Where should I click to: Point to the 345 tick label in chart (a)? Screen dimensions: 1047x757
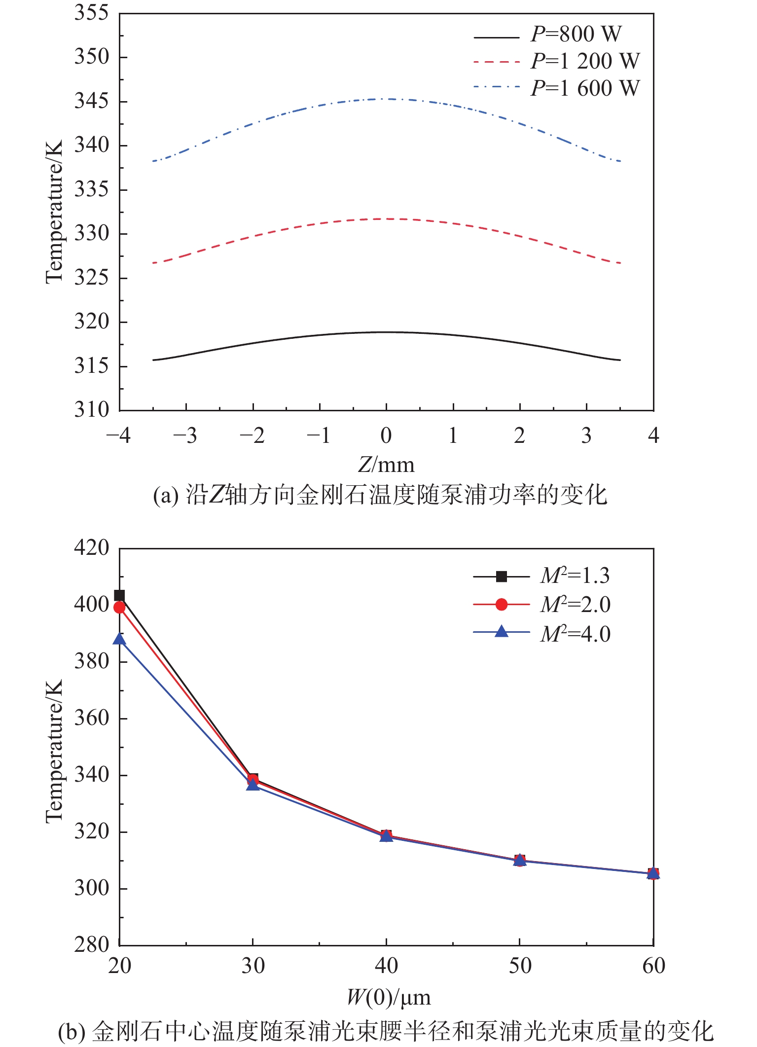click(x=92, y=101)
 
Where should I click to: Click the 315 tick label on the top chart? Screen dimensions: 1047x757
click(x=92, y=366)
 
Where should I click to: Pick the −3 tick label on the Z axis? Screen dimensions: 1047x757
click(x=185, y=436)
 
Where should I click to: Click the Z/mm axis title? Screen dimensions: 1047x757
click(x=386, y=465)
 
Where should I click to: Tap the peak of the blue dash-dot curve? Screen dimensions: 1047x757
click(x=387, y=99)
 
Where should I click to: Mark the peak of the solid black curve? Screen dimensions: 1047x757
click(x=387, y=332)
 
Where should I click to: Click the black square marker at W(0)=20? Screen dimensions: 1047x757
click(x=119, y=596)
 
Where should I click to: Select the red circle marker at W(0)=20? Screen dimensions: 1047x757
click(x=119, y=607)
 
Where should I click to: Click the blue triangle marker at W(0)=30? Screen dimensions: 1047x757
click(x=253, y=785)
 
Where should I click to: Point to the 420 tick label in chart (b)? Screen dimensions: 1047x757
click(x=92, y=547)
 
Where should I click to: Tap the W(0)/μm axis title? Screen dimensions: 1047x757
click(x=389, y=997)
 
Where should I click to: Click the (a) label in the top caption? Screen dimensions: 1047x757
click(x=165, y=495)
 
